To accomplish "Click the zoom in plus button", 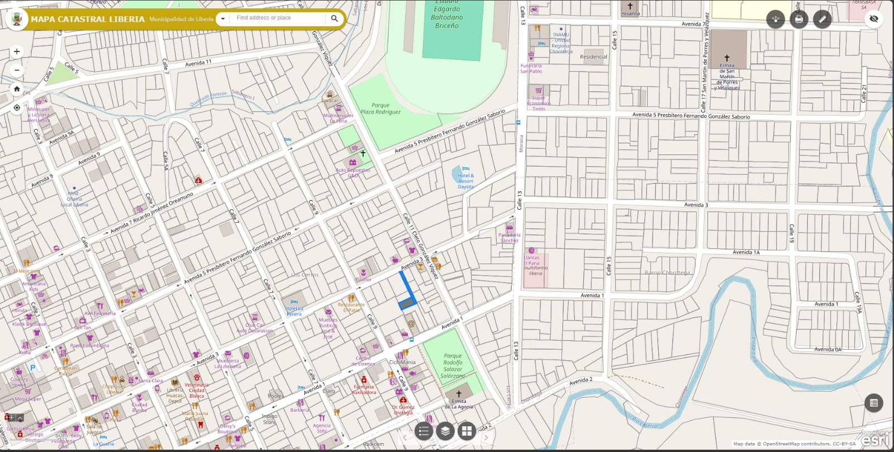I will point(17,51).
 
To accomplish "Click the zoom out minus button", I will point(17,70).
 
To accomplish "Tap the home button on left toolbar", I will point(17,89).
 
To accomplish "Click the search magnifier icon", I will point(334,18).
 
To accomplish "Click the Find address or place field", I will point(277,18).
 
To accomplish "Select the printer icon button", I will point(799,19).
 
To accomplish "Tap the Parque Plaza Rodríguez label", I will point(381,109).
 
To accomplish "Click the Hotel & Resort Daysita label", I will point(465,181).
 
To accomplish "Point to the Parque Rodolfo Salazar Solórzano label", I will point(453,366).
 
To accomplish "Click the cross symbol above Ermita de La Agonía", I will point(459,394).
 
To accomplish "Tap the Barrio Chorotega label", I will point(667,272).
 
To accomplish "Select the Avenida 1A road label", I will point(746,252).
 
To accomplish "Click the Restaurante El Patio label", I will point(351,307).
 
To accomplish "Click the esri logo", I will point(875,440).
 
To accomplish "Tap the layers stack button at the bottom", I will point(445,431).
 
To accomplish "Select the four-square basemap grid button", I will point(467,431).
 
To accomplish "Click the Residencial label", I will point(593,57).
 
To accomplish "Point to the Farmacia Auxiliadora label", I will point(364,389).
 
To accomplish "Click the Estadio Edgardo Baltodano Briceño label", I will point(446,17).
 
